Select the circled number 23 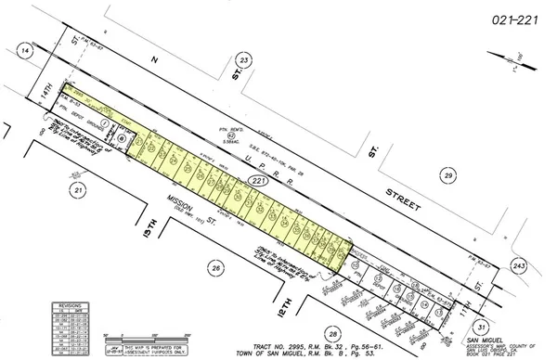[244, 59]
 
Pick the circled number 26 [215, 268]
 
